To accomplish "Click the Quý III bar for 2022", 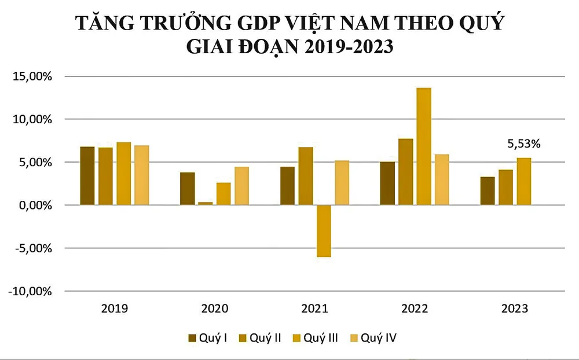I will (x=423, y=146).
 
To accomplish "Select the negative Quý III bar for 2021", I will (x=324, y=231).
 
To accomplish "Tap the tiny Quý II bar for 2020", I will (x=206, y=203).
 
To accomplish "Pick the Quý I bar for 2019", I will (x=87, y=176).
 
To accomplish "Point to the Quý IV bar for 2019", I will (x=142, y=175).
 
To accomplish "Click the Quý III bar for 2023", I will (x=523, y=181).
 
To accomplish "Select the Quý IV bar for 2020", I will (x=242, y=186).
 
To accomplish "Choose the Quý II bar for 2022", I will (x=405, y=172).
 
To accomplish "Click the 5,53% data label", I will (x=523, y=144).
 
